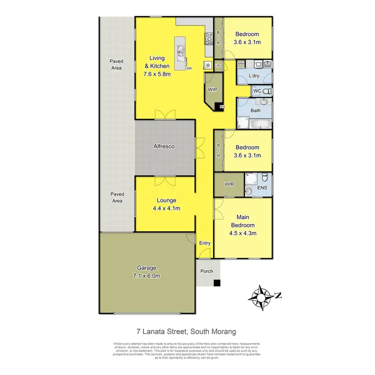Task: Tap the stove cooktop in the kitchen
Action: [209, 37]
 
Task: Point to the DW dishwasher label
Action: [189, 68]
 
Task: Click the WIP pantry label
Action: [213, 90]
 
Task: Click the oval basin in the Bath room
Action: [264, 101]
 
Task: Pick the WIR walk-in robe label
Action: [229, 184]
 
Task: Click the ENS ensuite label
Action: [262, 188]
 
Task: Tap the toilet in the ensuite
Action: [248, 191]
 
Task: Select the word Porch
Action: [206, 271]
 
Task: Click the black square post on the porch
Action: [216, 283]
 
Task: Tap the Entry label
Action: [205, 243]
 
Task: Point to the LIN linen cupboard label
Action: [217, 65]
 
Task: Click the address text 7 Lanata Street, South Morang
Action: [186, 330]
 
